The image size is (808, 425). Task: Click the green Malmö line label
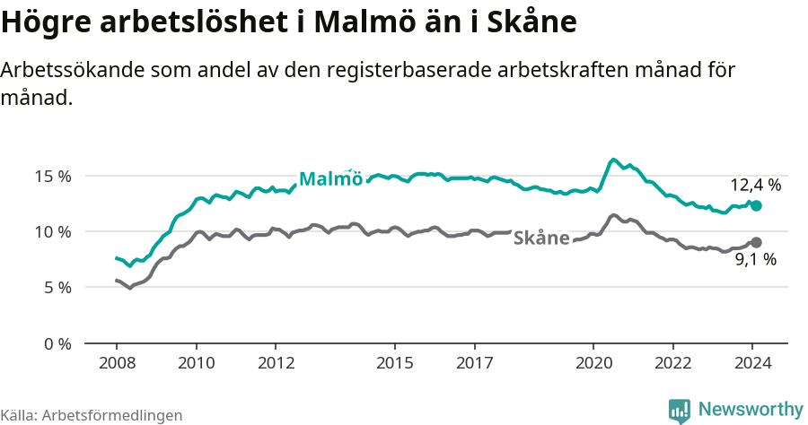coord(330,178)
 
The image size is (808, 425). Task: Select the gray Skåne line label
coord(541,238)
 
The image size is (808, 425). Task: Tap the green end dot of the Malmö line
coord(756,205)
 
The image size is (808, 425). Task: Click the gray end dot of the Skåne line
coord(756,242)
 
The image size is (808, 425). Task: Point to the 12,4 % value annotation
coord(755,186)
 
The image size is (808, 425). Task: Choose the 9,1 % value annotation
coord(755,260)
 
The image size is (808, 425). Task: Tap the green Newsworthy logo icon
coord(680,411)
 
